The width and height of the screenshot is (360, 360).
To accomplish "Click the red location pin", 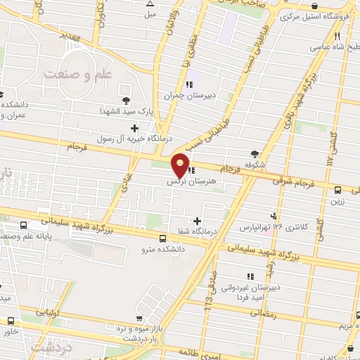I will pos(181,164).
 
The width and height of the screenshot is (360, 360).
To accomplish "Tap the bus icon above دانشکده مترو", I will pos(163,238).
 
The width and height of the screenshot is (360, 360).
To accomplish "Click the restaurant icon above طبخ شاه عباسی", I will pos(337,37).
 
